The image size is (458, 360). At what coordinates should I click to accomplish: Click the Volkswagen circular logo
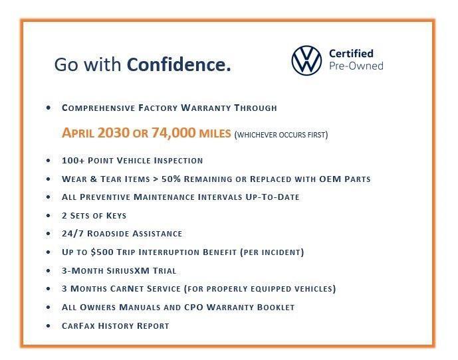point(306,60)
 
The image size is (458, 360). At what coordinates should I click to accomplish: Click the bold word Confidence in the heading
point(179,64)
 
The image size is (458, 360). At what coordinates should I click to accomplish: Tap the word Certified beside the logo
point(351,53)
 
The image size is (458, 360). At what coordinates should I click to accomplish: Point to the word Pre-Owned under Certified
point(356,66)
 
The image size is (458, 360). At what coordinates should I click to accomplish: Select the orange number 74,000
point(174,134)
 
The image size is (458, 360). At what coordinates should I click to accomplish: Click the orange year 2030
point(114,134)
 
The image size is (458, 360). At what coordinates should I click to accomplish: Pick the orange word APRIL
point(78,134)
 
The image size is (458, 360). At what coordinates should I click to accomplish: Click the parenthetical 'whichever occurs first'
point(281,135)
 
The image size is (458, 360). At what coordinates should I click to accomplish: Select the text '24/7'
point(72,234)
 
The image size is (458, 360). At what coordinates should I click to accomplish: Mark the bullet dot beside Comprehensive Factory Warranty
point(49,108)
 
